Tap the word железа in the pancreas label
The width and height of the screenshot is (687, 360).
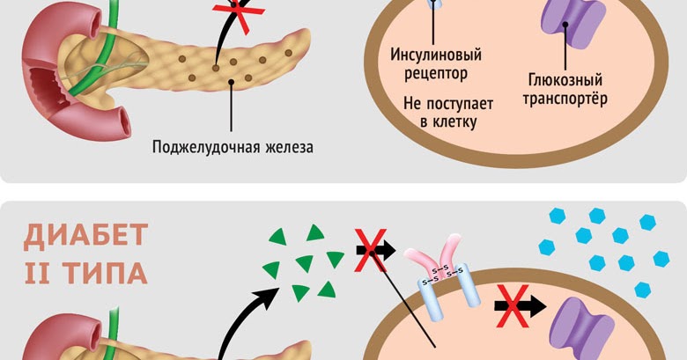288,146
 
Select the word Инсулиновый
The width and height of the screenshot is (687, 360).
436,55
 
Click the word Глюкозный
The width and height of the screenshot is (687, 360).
565,78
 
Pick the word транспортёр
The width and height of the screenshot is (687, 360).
565,98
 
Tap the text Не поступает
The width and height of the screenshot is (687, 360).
448,103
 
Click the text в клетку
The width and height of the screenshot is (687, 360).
448,121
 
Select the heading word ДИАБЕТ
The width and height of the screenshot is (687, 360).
85,236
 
